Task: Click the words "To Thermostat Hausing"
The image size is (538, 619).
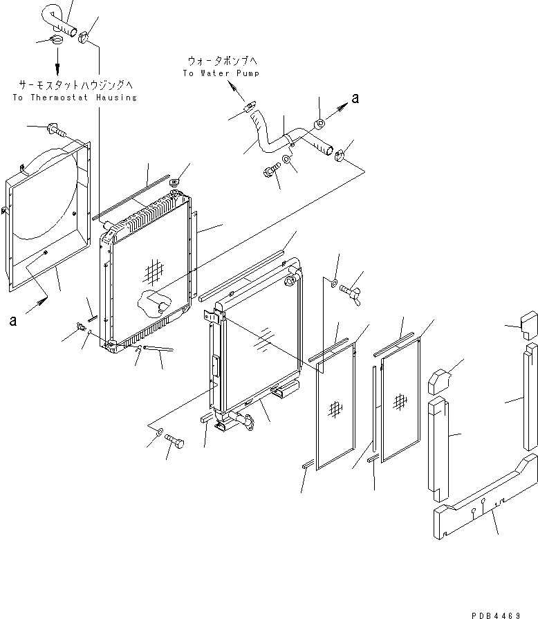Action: (x=75, y=98)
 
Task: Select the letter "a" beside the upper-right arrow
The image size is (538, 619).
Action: (x=355, y=99)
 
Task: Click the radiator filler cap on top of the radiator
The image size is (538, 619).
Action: (x=174, y=183)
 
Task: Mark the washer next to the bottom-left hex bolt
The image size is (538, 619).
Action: (x=159, y=433)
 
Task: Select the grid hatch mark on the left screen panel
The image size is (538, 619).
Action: (x=335, y=409)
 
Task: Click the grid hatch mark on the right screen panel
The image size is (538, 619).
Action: (x=400, y=401)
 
